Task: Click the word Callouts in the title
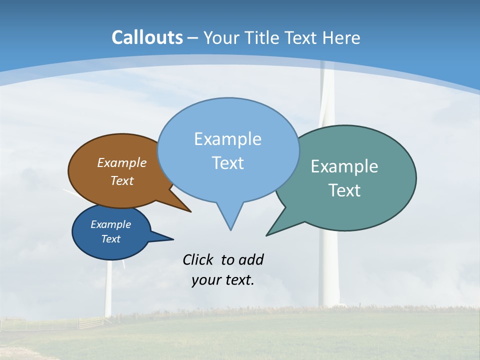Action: pos(147,37)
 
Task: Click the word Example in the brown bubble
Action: pos(122,162)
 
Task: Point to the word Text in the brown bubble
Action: pos(122,180)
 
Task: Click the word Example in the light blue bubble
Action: pos(227,139)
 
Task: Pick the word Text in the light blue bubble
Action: pos(227,163)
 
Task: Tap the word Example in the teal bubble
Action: pos(344,166)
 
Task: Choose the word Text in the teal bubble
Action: pos(344,190)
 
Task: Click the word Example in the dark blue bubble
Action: pos(111,224)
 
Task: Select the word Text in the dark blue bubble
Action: pos(111,239)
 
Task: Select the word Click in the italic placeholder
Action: pos(199,259)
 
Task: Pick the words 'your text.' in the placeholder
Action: pos(223,280)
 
